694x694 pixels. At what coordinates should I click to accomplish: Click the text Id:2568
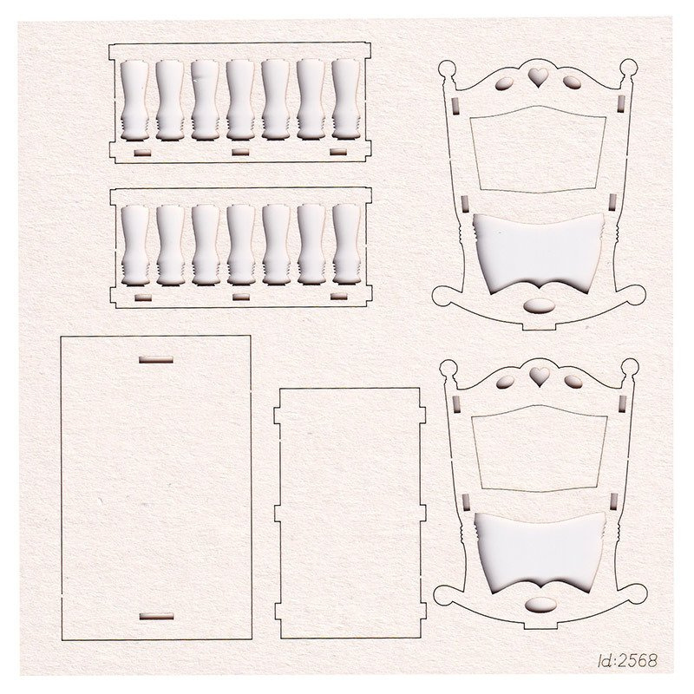pyautogui.click(x=627, y=660)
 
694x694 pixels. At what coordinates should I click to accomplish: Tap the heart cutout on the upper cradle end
pyautogui.click(x=538, y=76)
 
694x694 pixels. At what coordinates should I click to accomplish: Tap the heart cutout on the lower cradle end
pyautogui.click(x=540, y=376)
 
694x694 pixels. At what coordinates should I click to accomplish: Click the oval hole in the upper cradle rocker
pyautogui.click(x=539, y=305)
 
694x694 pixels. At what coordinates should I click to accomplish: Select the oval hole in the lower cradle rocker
pyautogui.click(x=540, y=605)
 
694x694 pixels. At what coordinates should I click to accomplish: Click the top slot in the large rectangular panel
pyautogui.click(x=156, y=359)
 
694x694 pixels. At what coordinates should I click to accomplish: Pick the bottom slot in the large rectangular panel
pyautogui.click(x=156, y=616)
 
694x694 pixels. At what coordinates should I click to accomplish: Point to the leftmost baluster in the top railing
pyautogui.click(x=134, y=100)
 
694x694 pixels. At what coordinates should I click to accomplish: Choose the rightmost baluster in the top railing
pyautogui.click(x=345, y=99)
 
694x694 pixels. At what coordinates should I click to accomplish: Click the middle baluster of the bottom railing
pyautogui.click(x=241, y=245)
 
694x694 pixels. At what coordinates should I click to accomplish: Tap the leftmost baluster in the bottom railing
pyautogui.click(x=135, y=246)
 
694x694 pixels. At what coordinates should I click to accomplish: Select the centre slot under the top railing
pyautogui.click(x=240, y=153)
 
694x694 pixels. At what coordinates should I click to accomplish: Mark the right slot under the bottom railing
pyautogui.click(x=339, y=296)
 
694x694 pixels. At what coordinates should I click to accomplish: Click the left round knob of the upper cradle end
pyautogui.click(x=447, y=69)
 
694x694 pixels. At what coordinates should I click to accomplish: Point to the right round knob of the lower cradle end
pyautogui.click(x=630, y=367)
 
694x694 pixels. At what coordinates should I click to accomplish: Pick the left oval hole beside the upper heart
pyautogui.click(x=505, y=83)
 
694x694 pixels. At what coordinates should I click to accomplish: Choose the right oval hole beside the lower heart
pyautogui.click(x=573, y=381)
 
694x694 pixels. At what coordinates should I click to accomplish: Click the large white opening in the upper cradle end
pyautogui.click(x=538, y=252)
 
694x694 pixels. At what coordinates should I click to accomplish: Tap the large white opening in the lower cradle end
pyautogui.click(x=540, y=552)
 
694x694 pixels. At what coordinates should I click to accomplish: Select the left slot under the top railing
pyautogui.click(x=142, y=154)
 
